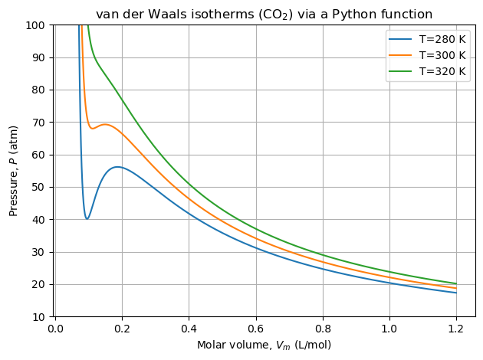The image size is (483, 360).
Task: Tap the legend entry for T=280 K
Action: pos(444,40)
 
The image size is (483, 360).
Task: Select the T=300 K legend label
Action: pos(444,55)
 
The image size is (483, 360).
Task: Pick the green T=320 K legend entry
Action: pos(444,70)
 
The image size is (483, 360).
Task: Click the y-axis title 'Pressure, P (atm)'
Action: pos(14,170)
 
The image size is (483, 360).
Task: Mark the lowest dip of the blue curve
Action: pos(87,219)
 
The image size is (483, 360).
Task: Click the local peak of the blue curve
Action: pos(117,166)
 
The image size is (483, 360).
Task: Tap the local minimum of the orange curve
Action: pos(93,128)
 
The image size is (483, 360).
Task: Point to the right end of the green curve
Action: pos(457,283)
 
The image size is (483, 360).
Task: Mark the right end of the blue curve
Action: pos(457,293)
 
